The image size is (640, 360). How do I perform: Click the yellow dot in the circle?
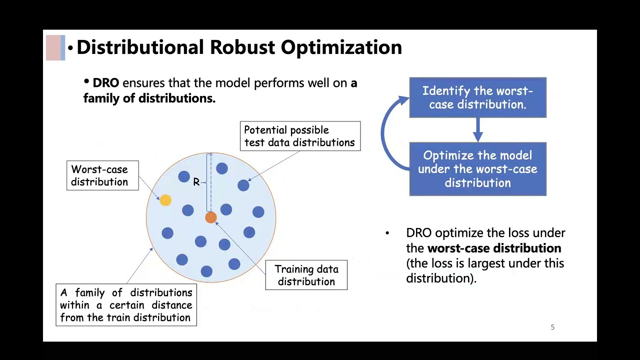[x=165, y=200]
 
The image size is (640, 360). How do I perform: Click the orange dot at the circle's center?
[x=211, y=217]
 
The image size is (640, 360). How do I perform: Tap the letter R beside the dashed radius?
[x=196, y=182]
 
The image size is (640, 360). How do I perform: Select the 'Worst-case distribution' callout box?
[x=102, y=175]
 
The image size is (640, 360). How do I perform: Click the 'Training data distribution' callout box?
[x=306, y=275]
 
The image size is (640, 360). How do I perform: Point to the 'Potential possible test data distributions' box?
[x=300, y=136]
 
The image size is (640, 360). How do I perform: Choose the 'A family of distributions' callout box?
[x=126, y=305]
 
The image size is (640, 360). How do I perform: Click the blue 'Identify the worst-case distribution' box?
[x=477, y=97]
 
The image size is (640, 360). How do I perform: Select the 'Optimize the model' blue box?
[x=477, y=169]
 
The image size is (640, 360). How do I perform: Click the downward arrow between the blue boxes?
[x=477, y=130]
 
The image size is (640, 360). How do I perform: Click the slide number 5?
[x=552, y=327]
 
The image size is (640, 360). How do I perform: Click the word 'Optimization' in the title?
[x=341, y=47]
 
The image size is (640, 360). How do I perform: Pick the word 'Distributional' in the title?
[x=140, y=47]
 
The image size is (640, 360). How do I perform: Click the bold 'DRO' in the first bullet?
[x=105, y=83]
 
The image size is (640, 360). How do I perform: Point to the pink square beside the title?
[x=53, y=47]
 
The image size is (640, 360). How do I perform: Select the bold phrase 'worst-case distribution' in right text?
[x=494, y=248]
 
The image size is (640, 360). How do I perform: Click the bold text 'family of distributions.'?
[x=149, y=98]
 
